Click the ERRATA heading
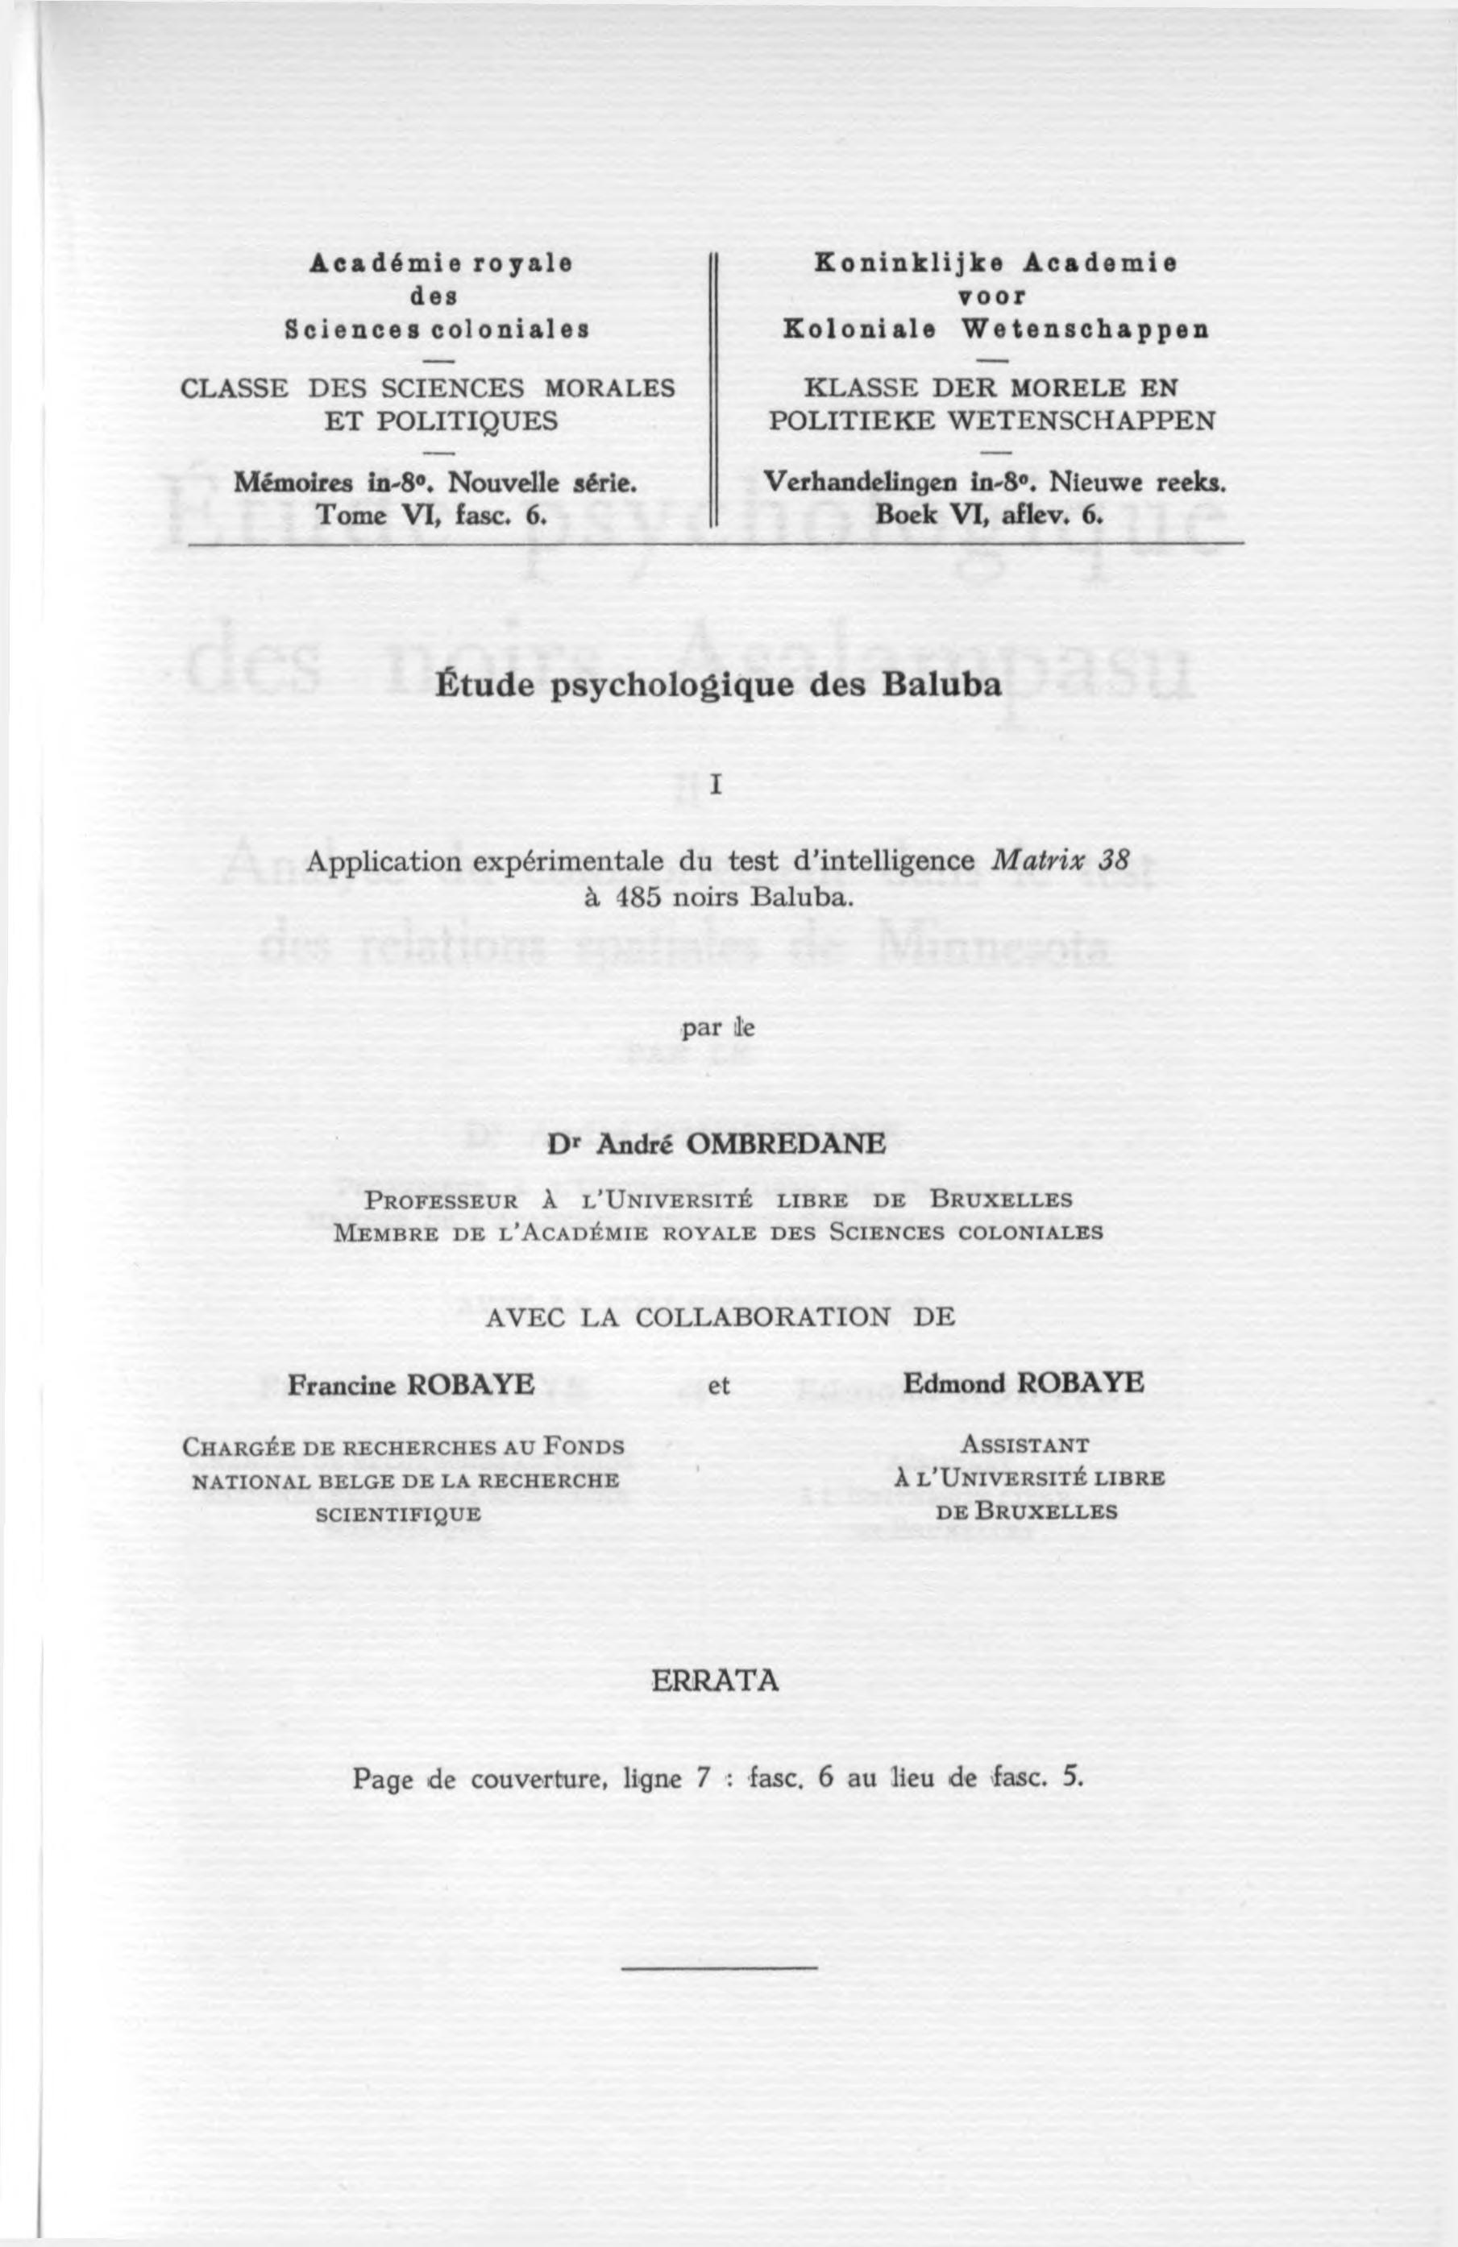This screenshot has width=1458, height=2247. pyautogui.click(x=716, y=1681)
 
